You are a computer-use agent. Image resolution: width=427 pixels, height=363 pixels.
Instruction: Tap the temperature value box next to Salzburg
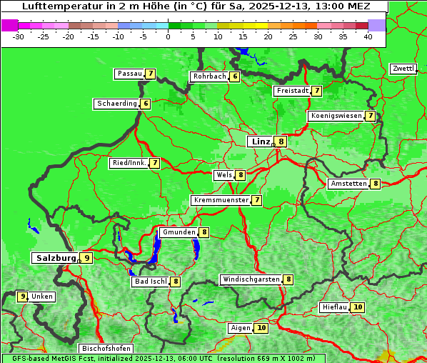click(x=86, y=258)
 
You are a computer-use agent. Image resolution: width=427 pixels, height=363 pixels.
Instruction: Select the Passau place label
click(x=129, y=74)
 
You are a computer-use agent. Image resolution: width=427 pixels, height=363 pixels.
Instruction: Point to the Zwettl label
click(x=403, y=69)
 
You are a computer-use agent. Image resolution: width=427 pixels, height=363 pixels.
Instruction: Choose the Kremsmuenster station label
click(x=221, y=200)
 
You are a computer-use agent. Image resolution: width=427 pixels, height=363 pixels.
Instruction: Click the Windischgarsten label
click(x=251, y=279)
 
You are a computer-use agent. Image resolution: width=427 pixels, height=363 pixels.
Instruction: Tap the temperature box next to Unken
click(x=22, y=296)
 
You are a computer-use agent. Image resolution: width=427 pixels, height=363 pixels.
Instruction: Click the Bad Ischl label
click(x=150, y=282)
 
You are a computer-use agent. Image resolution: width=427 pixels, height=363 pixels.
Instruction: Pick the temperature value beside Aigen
click(x=261, y=328)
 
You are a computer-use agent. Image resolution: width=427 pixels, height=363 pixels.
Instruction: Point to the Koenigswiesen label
click(x=336, y=116)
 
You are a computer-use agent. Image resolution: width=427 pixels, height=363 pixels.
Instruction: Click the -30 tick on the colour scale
click(x=19, y=36)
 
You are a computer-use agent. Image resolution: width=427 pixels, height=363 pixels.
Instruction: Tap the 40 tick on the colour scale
click(x=368, y=36)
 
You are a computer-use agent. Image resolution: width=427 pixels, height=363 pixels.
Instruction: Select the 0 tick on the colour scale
click(x=169, y=36)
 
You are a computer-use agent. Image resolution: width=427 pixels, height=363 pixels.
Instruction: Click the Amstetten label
click(x=348, y=184)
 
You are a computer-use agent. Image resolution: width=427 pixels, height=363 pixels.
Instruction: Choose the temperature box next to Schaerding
click(x=146, y=104)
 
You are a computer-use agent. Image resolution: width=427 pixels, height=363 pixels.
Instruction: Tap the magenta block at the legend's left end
click(x=9, y=24)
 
